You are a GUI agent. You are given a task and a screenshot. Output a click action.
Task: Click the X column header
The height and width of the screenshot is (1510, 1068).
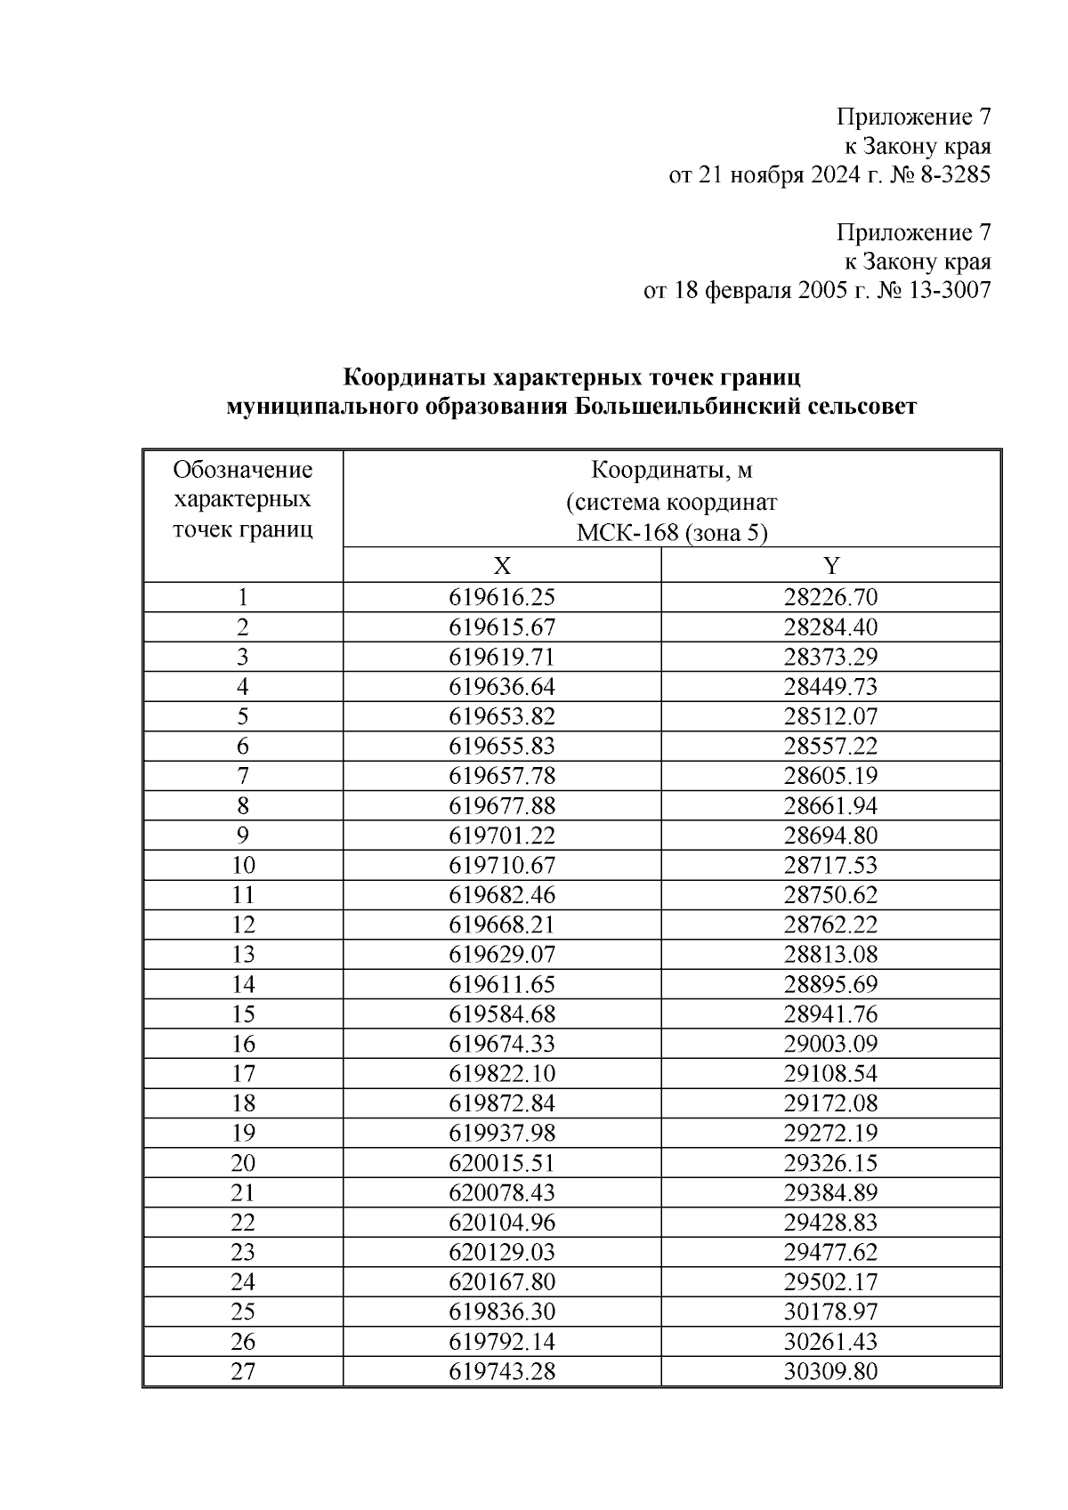click(x=502, y=566)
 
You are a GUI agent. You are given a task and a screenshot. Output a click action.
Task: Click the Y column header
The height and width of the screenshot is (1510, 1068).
click(x=830, y=566)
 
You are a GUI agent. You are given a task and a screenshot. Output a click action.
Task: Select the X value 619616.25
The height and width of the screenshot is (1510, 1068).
click(x=502, y=597)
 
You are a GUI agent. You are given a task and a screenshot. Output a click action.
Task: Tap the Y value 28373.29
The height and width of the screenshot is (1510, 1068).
click(x=830, y=657)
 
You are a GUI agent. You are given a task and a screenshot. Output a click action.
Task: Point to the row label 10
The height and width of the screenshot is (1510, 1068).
click(x=242, y=865)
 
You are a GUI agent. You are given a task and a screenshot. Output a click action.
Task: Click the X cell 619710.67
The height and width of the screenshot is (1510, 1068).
click(x=502, y=865)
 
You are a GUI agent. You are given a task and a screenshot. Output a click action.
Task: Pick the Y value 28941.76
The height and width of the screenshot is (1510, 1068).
click(x=830, y=1013)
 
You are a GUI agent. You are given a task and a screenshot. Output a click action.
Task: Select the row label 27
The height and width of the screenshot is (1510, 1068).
click(x=242, y=1371)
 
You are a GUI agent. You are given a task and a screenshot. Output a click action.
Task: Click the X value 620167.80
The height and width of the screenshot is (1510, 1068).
click(x=502, y=1281)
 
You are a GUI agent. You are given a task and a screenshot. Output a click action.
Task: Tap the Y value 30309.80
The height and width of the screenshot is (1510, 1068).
click(x=830, y=1371)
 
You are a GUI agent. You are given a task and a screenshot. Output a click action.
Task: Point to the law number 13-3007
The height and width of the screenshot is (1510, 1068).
click(x=945, y=290)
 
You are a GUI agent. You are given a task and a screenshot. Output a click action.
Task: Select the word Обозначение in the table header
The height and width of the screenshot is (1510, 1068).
click(x=242, y=470)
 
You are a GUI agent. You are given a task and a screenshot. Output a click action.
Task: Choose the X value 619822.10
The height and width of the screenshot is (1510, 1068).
click(x=502, y=1073)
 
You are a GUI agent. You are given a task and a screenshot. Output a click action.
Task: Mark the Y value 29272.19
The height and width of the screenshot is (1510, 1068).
click(x=830, y=1133)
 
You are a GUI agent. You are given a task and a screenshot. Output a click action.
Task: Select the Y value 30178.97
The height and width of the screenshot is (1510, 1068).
click(x=830, y=1312)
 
